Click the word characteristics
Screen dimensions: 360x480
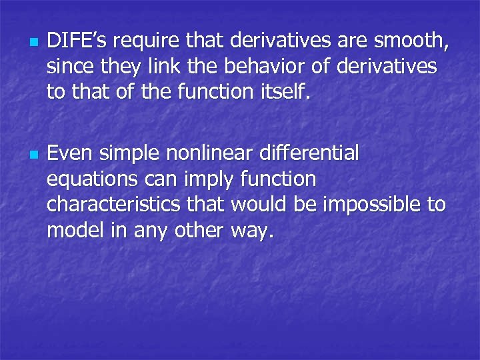pos(114,203)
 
